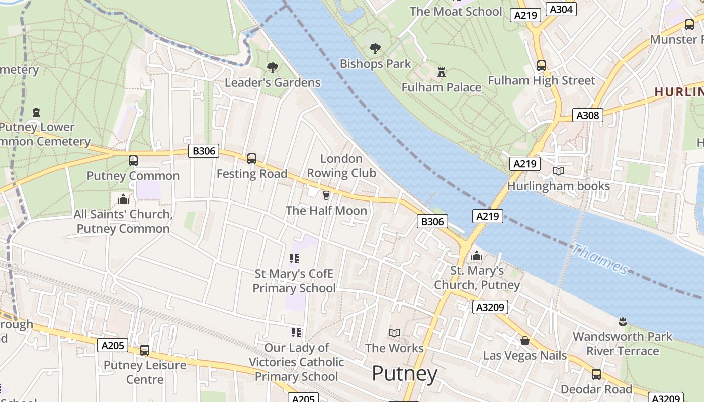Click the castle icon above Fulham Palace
click(x=442, y=72)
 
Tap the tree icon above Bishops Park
click(x=375, y=49)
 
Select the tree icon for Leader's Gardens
click(x=273, y=67)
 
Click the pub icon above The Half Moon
click(x=326, y=195)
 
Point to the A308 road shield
click(x=587, y=115)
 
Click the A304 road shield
click(x=561, y=9)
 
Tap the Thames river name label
click(x=600, y=259)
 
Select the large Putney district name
click(x=405, y=374)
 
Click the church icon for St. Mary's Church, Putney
click(x=476, y=256)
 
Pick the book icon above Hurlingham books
click(x=558, y=171)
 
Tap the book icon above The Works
click(x=394, y=333)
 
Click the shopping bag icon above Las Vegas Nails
click(x=525, y=341)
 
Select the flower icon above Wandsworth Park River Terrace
click(x=623, y=321)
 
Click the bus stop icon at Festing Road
click(x=252, y=159)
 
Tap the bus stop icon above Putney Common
click(x=133, y=160)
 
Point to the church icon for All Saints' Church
click(x=123, y=199)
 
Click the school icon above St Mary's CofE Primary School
click(x=294, y=259)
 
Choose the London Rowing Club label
click(x=341, y=166)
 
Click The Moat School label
click(x=456, y=11)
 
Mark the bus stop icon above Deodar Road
click(x=596, y=374)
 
